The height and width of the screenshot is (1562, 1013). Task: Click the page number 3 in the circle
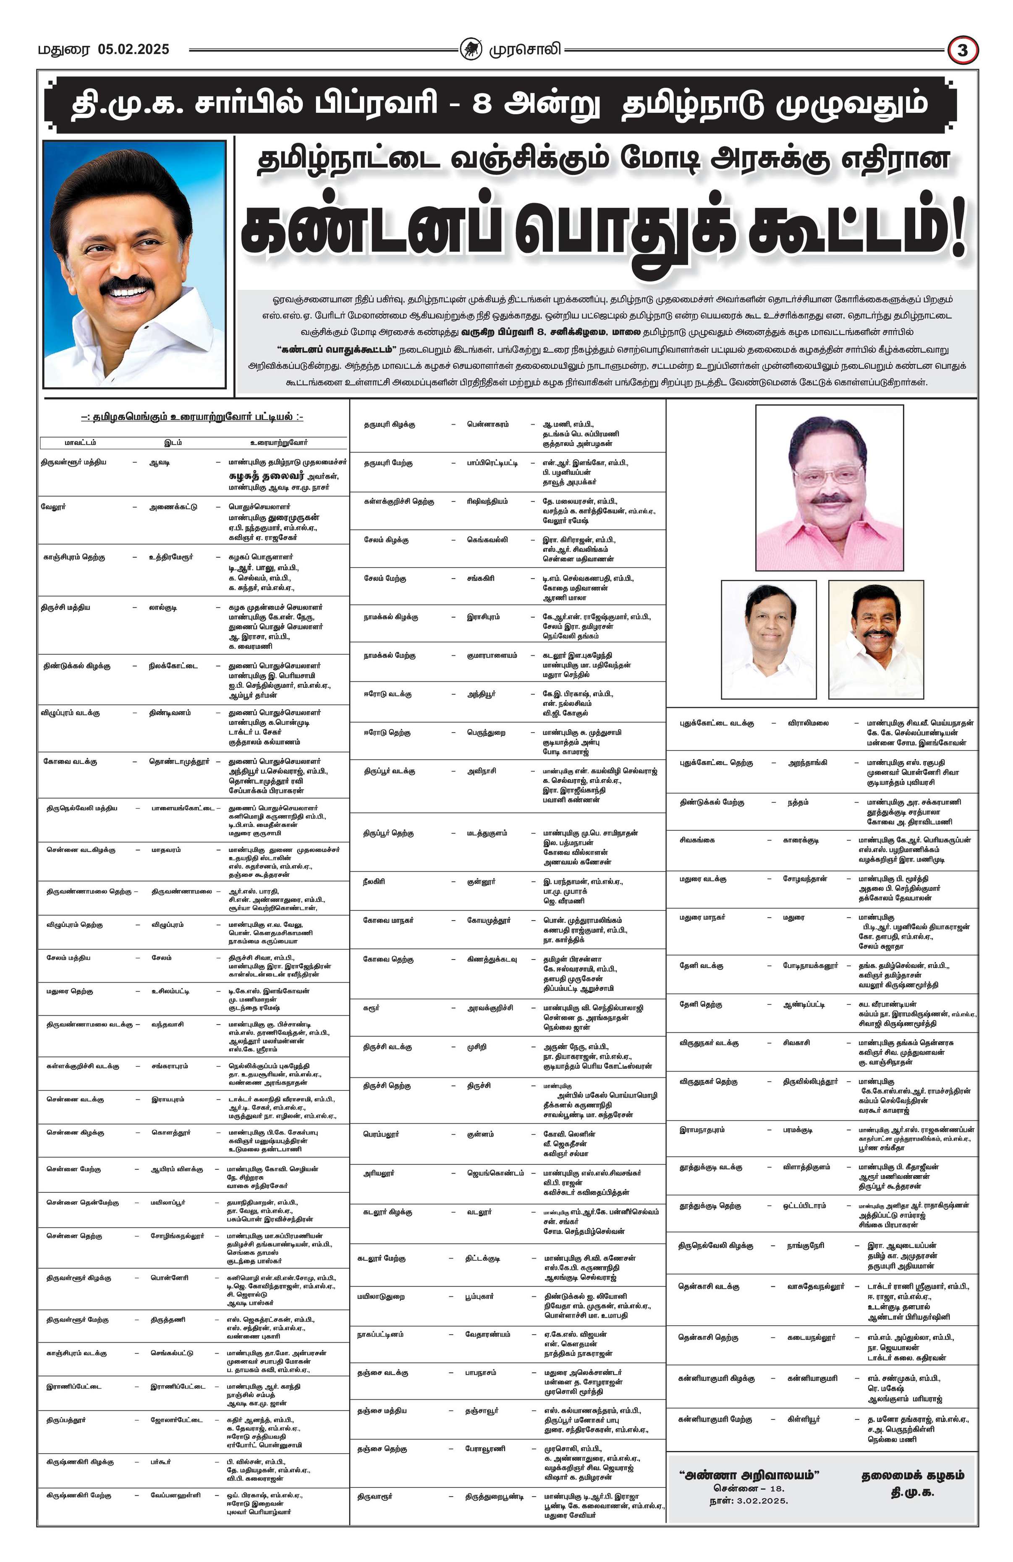963,50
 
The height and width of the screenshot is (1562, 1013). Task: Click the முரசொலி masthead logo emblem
470,49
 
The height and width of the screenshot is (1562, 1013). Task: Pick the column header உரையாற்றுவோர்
278,442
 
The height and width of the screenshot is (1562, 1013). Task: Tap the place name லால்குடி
163,607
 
